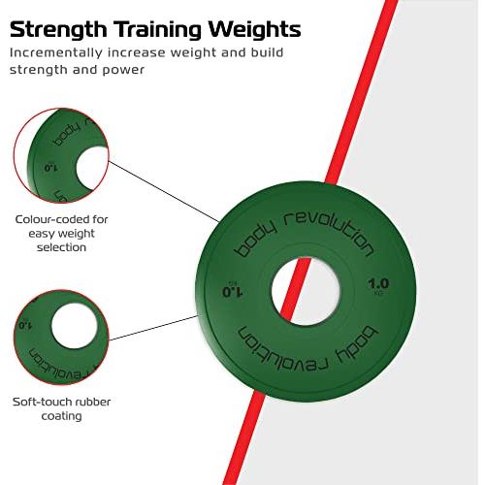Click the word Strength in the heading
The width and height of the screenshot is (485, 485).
pos(58,30)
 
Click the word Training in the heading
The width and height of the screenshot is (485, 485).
pos(157,31)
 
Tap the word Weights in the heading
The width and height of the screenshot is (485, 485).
pos(254,31)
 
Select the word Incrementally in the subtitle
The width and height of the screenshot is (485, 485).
pos(55,52)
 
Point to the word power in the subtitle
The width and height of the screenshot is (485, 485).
pos(123,71)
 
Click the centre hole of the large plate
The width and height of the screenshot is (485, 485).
pos(306,291)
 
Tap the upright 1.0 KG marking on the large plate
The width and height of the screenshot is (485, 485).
pos(378,286)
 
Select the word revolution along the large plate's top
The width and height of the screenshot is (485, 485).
pos(329,230)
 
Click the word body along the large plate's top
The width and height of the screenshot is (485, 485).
pos(255,239)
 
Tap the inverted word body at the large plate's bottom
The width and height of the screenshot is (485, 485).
pos(357,344)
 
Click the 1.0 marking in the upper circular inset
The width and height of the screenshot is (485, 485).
pos(50,168)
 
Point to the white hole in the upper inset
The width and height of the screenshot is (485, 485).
pos(92,168)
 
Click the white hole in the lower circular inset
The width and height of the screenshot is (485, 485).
pos(75,326)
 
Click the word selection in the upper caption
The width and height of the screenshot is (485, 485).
pos(61,247)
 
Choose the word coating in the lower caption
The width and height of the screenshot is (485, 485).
pos(61,416)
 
